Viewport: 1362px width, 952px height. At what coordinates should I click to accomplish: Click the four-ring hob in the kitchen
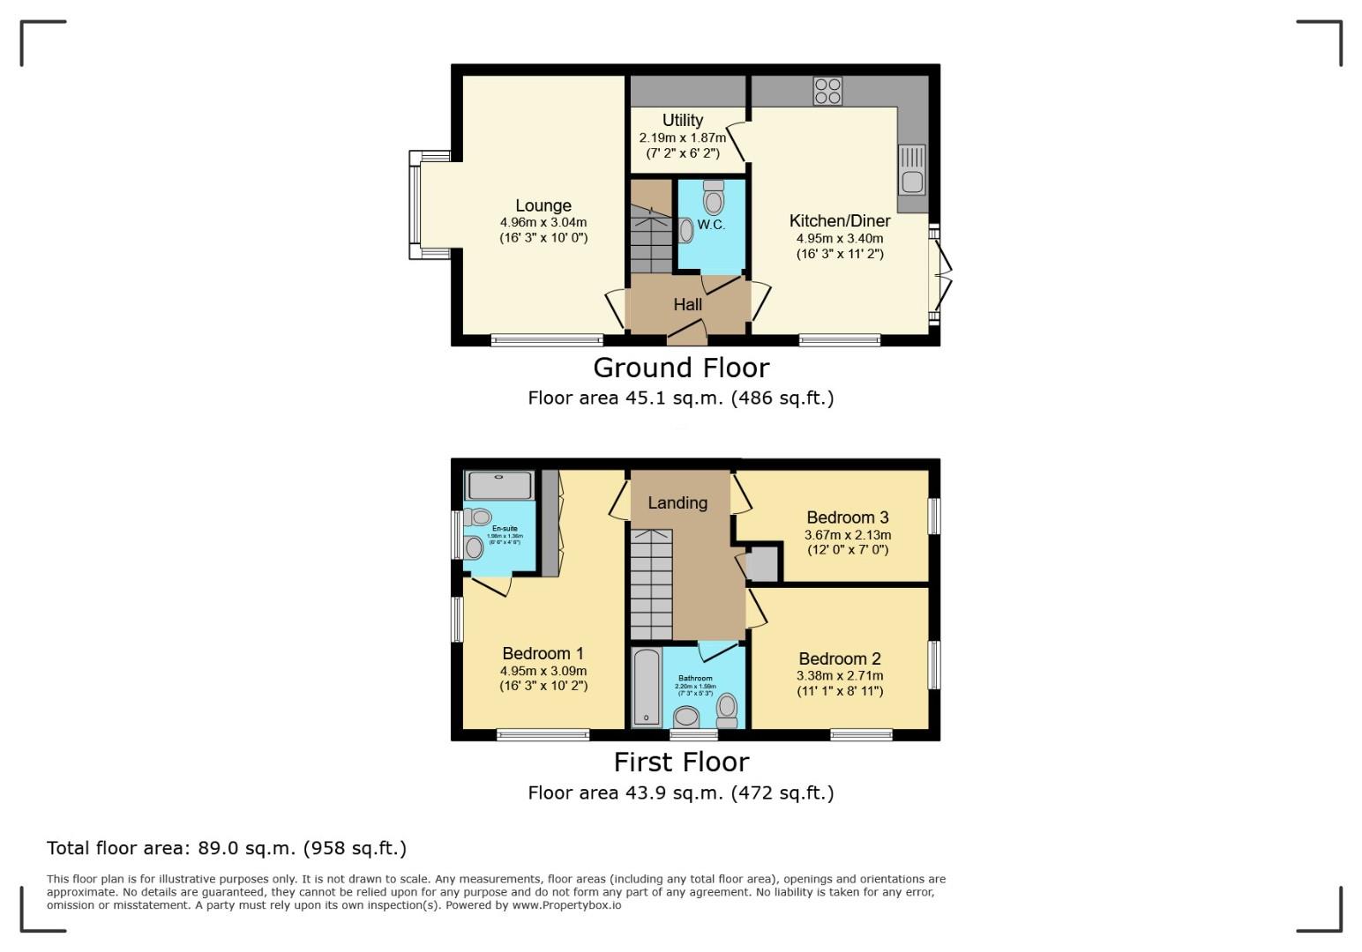pyautogui.click(x=827, y=91)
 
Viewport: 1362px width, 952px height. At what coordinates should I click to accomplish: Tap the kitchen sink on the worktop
pyautogui.click(x=911, y=170)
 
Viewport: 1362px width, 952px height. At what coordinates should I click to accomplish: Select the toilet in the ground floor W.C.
pyautogui.click(x=714, y=198)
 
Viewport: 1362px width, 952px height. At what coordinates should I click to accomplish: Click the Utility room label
pyautogui.click(x=683, y=121)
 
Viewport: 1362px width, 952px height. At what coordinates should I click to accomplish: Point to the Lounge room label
pyautogui.click(x=543, y=206)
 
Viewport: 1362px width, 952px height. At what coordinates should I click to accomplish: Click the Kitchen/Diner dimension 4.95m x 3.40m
pyautogui.click(x=840, y=238)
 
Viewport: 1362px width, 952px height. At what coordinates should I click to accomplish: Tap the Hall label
pyautogui.click(x=687, y=305)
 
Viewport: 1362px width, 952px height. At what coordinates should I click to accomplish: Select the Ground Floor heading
pyautogui.click(x=680, y=368)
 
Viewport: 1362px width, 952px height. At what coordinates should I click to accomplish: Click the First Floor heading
pyautogui.click(x=680, y=762)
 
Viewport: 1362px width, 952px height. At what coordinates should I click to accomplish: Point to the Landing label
pyautogui.click(x=677, y=502)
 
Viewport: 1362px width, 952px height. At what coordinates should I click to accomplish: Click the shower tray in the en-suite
pyautogui.click(x=500, y=486)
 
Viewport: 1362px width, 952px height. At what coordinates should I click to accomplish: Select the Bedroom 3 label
pyautogui.click(x=847, y=517)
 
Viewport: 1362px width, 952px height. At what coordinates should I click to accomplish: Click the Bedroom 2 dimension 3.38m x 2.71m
pyautogui.click(x=840, y=676)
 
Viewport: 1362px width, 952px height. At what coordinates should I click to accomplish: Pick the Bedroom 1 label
pyautogui.click(x=543, y=653)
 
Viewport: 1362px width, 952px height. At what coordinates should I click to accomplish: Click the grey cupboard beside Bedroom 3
pyautogui.click(x=763, y=564)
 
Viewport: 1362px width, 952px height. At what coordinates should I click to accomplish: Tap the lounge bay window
pyautogui.click(x=415, y=205)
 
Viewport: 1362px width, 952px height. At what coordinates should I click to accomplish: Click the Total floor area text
pyautogui.click(x=227, y=848)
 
